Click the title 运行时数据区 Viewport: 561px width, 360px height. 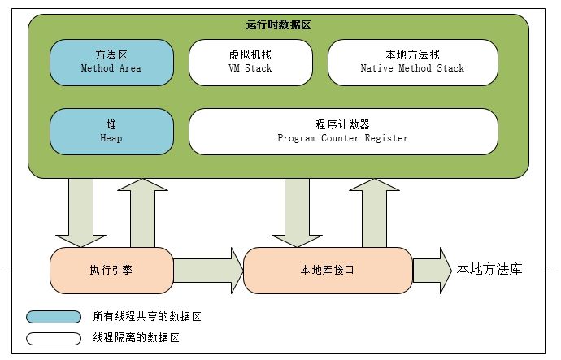tap(278, 25)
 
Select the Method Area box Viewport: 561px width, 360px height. tap(111, 62)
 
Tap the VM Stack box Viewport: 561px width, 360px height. tap(250, 62)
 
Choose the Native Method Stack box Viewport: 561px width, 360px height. tap(412, 62)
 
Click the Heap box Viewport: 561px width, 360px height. tap(111, 132)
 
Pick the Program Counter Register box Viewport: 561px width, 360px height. tap(342, 132)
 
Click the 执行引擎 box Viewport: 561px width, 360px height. tap(111, 270)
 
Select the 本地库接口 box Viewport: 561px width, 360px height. tap(328, 270)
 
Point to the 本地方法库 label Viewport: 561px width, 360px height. tap(489, 270)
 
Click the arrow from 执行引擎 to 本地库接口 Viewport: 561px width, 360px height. tap(208, 270)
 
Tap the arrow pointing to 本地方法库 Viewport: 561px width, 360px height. tap(432, 270)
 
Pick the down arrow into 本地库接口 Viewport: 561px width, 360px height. tap(297, 213)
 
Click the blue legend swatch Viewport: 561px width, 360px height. tap(54, 317)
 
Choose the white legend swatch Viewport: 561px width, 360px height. tap(54, 337)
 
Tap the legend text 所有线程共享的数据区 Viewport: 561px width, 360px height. tap(146, 317)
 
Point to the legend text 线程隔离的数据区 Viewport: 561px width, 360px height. tap(136, 337)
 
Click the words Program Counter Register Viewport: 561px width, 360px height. tap(342, 139)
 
